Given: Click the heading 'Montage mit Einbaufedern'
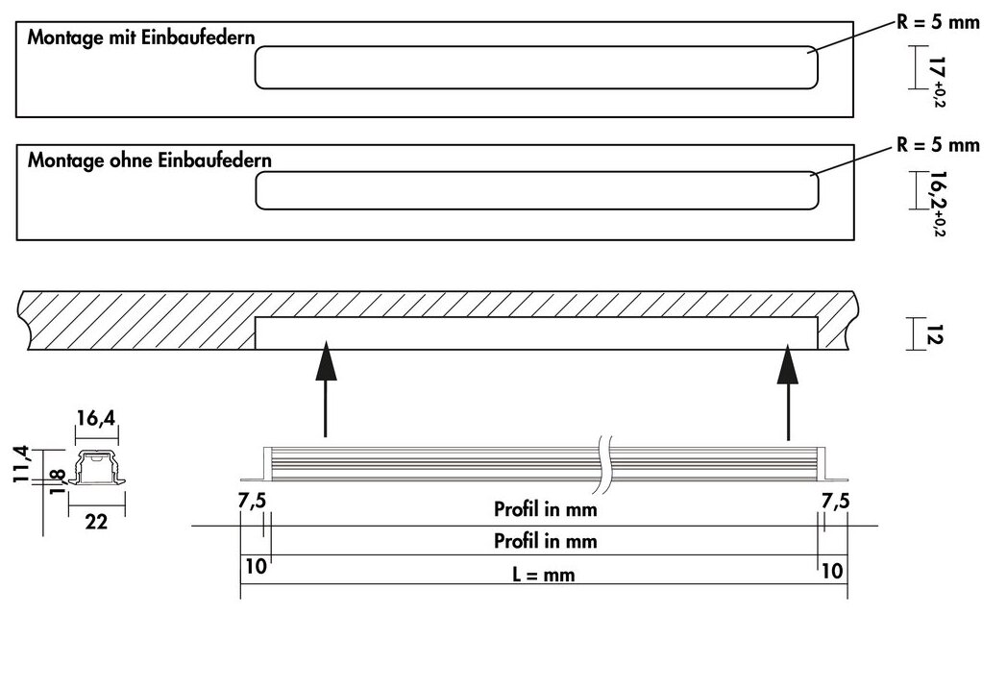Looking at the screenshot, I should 141,38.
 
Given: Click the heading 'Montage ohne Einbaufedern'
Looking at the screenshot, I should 149,160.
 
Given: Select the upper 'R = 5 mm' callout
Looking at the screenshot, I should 938,22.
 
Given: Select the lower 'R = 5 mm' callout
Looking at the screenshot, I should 938,145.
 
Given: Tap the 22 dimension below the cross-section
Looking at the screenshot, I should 95,521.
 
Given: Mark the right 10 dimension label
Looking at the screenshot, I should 832,569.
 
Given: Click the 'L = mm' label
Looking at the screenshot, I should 545,575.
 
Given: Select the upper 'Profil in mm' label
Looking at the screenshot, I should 545,509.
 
